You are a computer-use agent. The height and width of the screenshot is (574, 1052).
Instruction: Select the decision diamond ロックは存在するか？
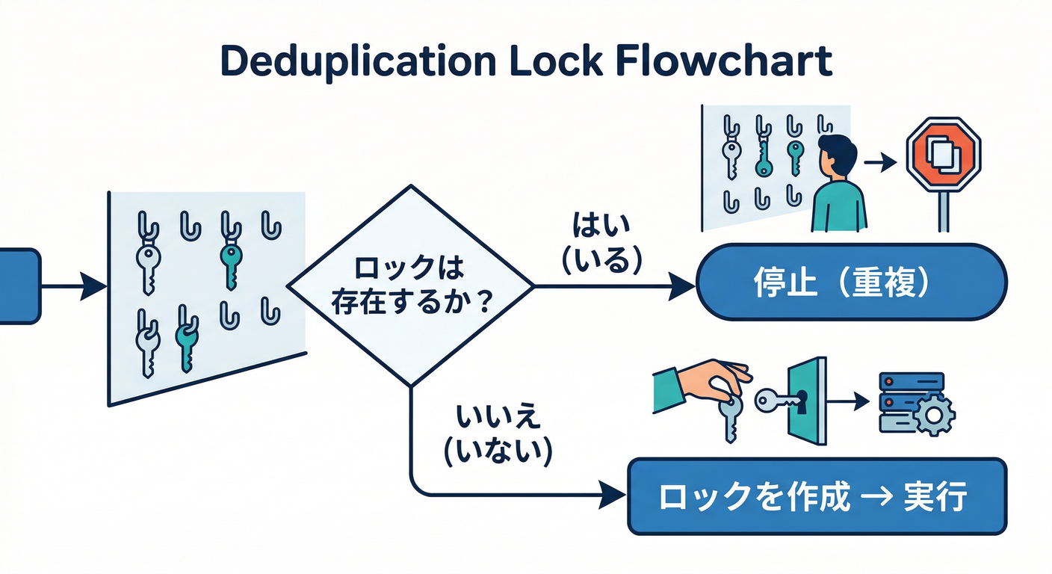pos(410,286)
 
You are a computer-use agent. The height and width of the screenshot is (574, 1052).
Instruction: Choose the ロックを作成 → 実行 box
pos(817,496)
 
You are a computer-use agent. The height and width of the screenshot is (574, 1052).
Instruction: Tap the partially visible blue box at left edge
pos(18,286)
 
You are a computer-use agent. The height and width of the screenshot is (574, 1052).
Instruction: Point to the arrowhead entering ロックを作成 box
pos(614,494)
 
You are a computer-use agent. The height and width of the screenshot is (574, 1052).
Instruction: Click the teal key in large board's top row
pos(229,259)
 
